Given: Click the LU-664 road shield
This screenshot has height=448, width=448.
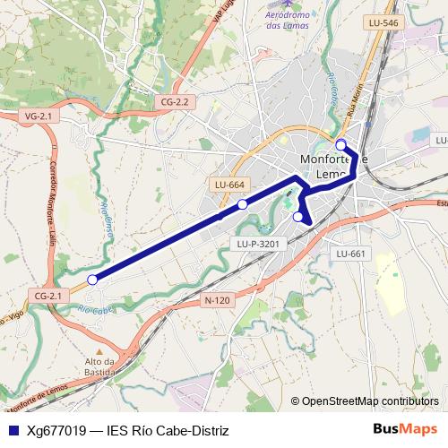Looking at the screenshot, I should coord(229,185).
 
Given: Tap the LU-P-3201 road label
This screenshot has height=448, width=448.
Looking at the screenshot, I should coord(262,243).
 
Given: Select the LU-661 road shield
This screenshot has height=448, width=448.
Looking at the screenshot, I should coord(351,254).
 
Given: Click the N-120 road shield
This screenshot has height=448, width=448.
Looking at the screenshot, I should coord(217,300).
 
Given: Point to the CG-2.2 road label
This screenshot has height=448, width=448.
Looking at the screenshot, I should coord(175,101).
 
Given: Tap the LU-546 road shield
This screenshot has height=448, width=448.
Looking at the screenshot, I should coord(382,23).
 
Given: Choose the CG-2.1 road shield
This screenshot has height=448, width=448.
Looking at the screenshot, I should coord(47,295).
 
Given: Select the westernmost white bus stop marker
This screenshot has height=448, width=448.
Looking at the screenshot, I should coord(92,280).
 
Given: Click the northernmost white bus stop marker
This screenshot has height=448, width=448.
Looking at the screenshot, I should coord(340,145).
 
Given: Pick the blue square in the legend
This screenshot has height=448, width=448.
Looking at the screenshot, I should coord(12,430).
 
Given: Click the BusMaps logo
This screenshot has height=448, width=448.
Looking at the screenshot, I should coord(406,429).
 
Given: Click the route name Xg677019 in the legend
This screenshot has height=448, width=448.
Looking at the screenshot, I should coord(56,431).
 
